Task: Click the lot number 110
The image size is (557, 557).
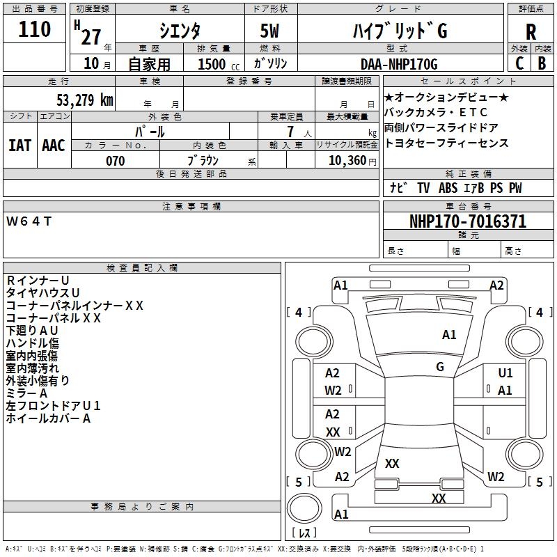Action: point(34,29)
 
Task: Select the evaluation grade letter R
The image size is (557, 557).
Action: point(531,32)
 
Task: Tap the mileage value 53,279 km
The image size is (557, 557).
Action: point(85,100)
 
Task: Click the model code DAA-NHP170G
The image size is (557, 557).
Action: point(399,64)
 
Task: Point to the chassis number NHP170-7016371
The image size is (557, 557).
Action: point(468,221)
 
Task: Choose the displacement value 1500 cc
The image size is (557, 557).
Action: point(219,64)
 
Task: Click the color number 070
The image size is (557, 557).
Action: point(116,161)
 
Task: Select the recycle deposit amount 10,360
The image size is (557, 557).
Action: point(347,161)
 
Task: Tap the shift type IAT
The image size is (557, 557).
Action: point(19,146)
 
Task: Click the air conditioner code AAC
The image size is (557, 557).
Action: point(54,146)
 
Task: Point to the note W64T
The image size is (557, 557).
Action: point(29,221)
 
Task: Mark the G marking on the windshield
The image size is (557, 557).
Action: point(440,367)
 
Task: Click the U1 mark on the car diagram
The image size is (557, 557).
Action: point(505,373)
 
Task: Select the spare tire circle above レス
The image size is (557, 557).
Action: point(304,508)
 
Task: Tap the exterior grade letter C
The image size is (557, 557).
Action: point(519,63)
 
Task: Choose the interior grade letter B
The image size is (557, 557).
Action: point(542,63)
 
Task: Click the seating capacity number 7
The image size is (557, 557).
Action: point(290,132)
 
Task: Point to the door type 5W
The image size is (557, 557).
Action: point(269,31)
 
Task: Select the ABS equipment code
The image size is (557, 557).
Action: point(448,188)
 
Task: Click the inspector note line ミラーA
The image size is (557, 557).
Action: point(26,393)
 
